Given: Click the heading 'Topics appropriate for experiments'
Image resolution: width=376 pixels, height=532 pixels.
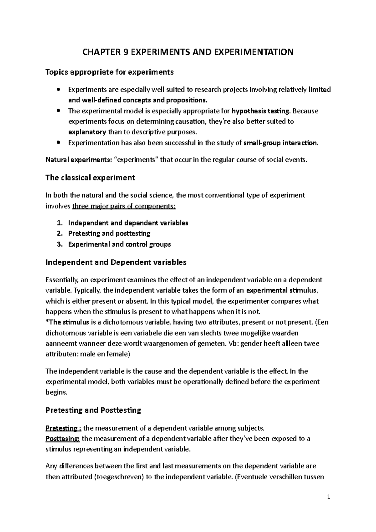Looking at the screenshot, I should (109, 72).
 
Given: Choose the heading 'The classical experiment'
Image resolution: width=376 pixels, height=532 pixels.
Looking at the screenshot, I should (90, 178).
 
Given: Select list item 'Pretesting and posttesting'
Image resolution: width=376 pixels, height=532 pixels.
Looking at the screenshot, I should (109, 233).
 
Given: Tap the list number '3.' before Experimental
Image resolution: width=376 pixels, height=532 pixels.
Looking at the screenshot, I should (60, 244).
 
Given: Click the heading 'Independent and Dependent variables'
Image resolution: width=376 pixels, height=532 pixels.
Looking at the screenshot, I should (116, 262).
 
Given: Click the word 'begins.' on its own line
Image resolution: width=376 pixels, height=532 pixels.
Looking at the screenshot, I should (56, 392).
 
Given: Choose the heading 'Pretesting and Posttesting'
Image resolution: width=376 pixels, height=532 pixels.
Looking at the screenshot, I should (93, 410).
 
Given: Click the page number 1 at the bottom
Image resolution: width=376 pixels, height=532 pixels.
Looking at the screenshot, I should (329, 497).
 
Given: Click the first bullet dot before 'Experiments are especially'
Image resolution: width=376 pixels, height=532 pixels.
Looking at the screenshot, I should (58, 90).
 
